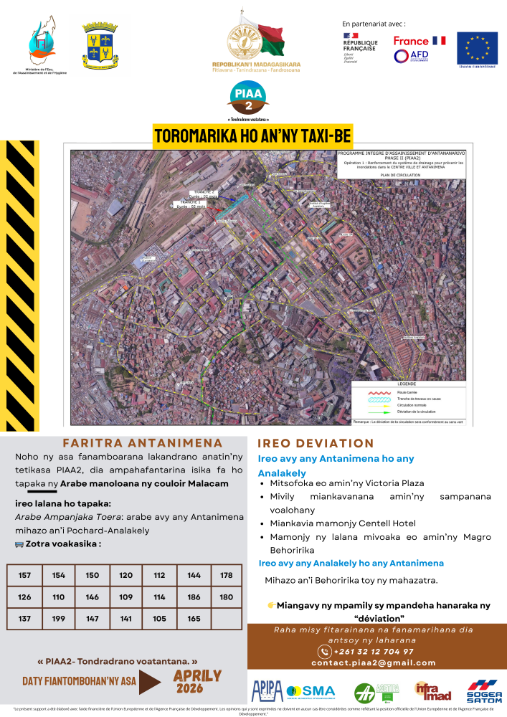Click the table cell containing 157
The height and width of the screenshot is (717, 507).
25,576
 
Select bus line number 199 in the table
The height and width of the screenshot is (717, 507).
59,618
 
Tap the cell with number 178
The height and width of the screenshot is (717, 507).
227,576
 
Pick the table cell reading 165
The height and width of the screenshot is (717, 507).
193,618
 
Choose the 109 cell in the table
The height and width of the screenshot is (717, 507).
125,597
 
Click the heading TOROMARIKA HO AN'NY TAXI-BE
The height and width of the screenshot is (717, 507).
253,136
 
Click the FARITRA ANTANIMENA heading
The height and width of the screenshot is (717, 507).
143,443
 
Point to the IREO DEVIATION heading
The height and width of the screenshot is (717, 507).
316,444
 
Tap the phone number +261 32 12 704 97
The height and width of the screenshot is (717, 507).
373,652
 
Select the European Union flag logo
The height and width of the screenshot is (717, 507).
478,47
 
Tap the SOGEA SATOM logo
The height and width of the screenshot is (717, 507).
485,691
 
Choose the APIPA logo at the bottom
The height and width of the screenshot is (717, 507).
267,691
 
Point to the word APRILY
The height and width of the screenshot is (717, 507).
197,676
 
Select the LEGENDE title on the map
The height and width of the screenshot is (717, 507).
407,384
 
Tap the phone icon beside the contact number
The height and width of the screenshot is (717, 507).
324,652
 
